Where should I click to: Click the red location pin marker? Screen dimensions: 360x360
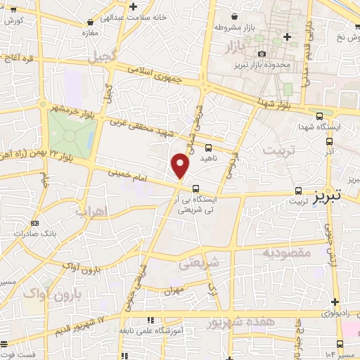181,165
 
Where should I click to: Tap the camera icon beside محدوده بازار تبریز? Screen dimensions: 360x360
262,54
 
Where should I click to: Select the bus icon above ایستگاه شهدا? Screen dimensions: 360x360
320,116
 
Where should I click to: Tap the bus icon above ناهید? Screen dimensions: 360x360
208,148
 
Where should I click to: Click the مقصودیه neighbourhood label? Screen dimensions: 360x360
287,251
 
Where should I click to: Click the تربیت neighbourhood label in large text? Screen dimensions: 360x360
274,150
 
